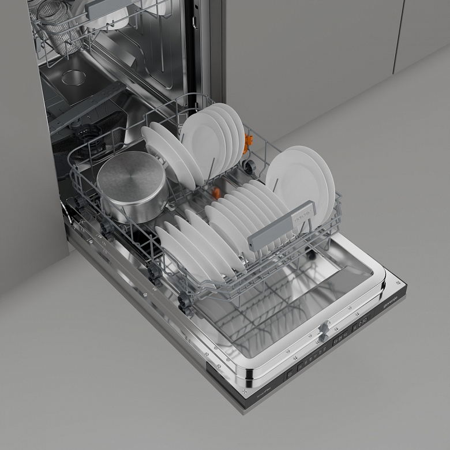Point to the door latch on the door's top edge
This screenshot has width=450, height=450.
324,329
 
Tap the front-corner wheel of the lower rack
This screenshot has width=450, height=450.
185,302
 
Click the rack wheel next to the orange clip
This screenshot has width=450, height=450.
250,166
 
